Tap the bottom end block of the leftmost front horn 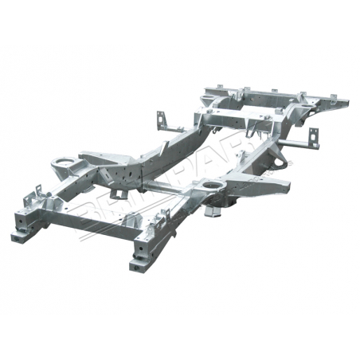tap(21, 236)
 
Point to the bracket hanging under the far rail tap(118, 194)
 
